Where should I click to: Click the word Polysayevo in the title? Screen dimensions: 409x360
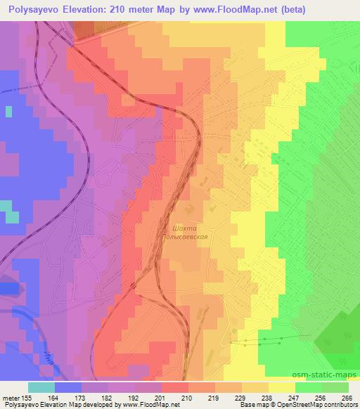[32, 9]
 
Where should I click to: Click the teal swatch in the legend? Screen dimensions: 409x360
[41, 387]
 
